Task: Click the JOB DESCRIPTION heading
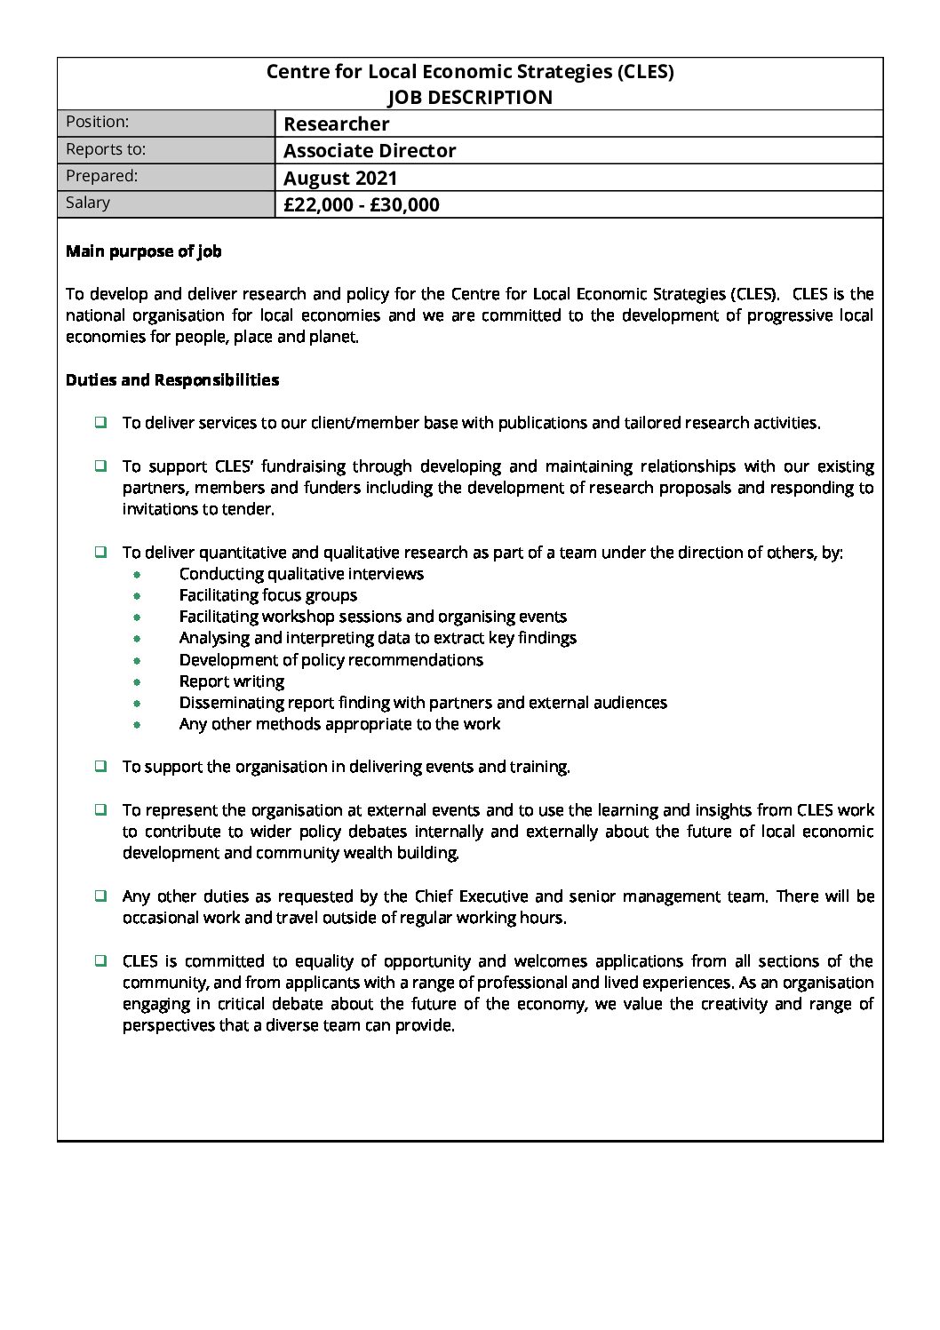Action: click(469, 98)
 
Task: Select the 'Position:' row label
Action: click(98, 122)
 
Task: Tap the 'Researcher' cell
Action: click(336, 124)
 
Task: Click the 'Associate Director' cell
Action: click(370, 151)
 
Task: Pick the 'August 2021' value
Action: click(340, 179)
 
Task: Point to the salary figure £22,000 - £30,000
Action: click(361, 205)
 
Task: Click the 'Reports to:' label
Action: click(106, 149)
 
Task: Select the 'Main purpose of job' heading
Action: click(144, 251)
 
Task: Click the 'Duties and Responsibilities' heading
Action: click(172, 380)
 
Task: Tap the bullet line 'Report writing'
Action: click(232, 681)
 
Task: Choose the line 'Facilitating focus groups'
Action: click(268, 595)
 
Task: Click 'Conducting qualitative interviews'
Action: click(301, 574)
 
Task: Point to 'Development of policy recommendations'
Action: click(331, 660)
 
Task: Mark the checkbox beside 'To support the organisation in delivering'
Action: click(101, 766)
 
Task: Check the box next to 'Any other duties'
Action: click(101, 896)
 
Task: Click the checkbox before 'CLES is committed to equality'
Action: click(101, 960)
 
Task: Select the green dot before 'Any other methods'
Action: click(137, 725)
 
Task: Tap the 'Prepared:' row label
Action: click(102, 176)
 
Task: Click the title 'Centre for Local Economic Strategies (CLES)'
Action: click(469, 72)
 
